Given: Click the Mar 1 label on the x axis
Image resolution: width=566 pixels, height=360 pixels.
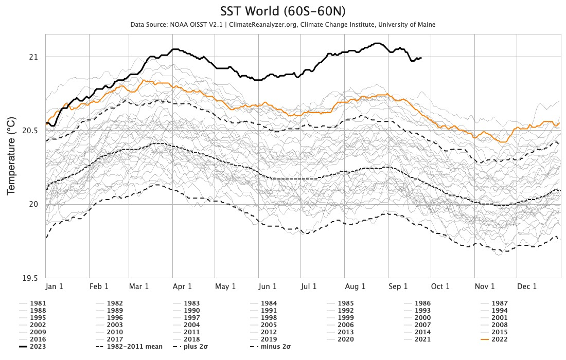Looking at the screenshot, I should click(x=139, y=286).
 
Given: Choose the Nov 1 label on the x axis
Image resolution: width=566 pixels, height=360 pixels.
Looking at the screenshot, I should click(x=485, y=286).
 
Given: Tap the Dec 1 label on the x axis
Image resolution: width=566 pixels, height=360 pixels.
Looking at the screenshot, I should click(x=527, y=286).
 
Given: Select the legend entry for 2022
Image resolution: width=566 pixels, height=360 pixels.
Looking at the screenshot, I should click(x=500, y=339).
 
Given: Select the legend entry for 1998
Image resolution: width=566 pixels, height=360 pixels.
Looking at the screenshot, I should click(x=269, y=318).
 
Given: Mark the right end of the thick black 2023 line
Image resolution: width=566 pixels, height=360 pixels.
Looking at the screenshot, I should click(x=421, y=58).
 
